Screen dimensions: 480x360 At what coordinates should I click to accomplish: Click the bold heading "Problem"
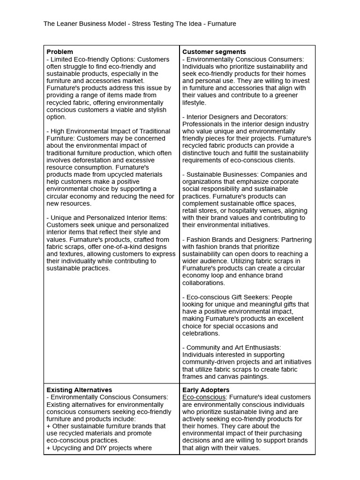(60, 52)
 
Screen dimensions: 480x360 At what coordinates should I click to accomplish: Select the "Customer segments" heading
(214, 52)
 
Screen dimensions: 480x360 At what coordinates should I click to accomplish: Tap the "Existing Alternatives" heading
(79, 390)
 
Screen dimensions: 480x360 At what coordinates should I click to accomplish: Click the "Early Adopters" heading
(206, 390)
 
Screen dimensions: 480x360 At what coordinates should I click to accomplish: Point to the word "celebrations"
(201, 333)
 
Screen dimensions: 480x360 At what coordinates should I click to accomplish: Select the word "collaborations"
(204, 283)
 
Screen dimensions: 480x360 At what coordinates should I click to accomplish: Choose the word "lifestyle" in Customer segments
(194, 102)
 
